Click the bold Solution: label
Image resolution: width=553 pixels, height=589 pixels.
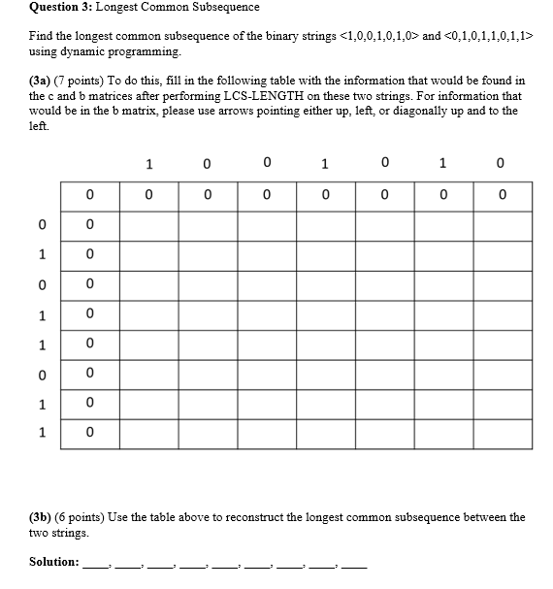tap(54, 561)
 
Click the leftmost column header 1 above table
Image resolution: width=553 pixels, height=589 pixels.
tap(147, 164)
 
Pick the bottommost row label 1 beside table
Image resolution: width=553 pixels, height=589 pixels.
tap(42, 433)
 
